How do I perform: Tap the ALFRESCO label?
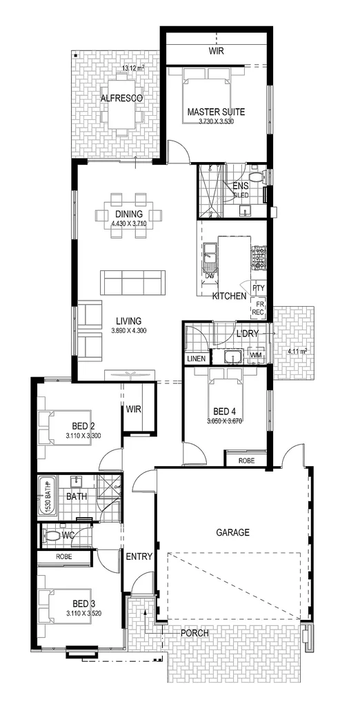pyautogui.click(x=121, y=99)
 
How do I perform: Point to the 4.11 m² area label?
pyautogui.click(x=297, y=351)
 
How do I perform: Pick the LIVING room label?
pyautogui.click(x=128, y=321)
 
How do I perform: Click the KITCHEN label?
pyautogui.click(x=229, y=296)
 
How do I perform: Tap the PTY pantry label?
pyautogui.click(x=259, y=288)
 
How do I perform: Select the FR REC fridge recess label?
pyautogui.click(x=259, y=308)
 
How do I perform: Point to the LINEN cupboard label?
pyautogui.click(x=196, y=359)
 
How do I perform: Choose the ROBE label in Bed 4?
pyautogui.click(x=246, y=460)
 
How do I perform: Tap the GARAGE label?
pyautogui.click(x=232, y=532)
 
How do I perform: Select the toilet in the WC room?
pyautogui.click(x=50, y=534)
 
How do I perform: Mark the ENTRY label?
pyautogui.click(x=138, y=555)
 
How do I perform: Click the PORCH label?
pyautogui.click(x=194, y=633)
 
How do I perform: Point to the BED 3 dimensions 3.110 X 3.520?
pyautogui.click(x=84, y=613)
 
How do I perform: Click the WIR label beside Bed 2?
pyautogui.click(x=134, y=409)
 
